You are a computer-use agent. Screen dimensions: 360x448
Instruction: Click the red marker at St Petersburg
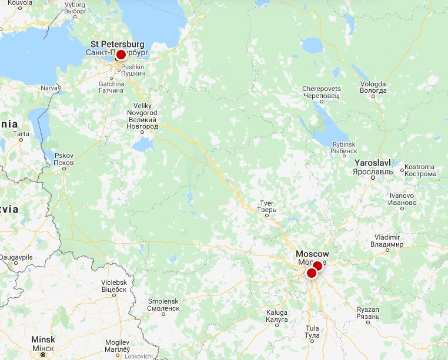coord(121,55)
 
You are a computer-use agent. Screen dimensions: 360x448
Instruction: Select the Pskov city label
coord(63,159)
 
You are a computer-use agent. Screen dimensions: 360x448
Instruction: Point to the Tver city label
coord(266,207)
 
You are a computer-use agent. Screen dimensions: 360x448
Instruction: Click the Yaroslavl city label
coord(373,166)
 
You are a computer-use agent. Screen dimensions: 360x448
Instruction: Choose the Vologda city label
coord(373,87)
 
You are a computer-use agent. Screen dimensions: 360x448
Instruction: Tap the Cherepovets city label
coord(321,92)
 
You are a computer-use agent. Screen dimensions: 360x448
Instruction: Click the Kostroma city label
coord(420,170)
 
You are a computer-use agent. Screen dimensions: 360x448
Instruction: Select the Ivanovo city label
coord(402,199)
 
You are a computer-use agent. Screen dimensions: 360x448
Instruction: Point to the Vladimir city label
coord(387,240)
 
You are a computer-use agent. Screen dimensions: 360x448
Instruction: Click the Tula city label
coord(312,332)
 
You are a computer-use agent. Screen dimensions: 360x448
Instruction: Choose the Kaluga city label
coord(276,316)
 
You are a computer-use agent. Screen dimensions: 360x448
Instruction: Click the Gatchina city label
coord(111,87)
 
